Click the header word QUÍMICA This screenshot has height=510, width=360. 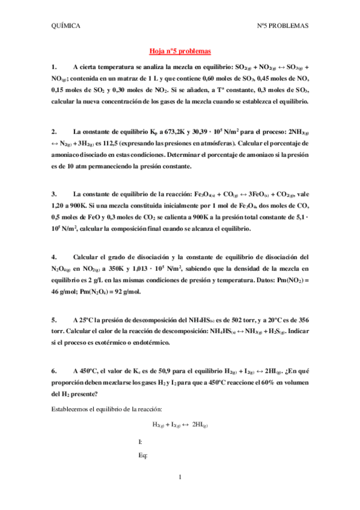[67, 26]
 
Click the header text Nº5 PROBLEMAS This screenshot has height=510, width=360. [282, 26]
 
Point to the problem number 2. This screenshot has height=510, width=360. [54, 131]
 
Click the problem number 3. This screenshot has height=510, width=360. [54, 194]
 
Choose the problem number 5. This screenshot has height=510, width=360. [54, 321]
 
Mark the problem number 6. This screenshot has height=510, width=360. [54, 372]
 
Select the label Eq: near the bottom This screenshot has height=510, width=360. [143, 455]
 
